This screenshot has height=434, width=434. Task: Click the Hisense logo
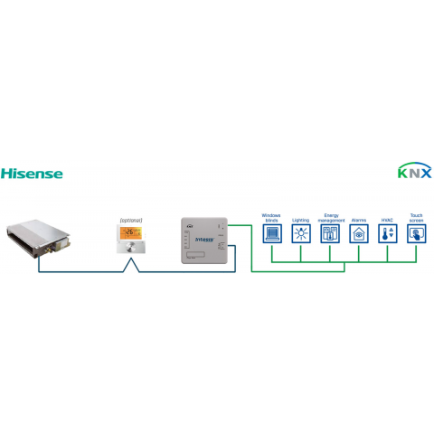point(32,172)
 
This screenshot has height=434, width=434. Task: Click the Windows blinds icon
point(271,234)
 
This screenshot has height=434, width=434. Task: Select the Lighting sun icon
point(301,234)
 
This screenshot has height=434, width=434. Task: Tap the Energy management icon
point(331,234)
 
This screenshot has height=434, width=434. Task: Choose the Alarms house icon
point(359,234)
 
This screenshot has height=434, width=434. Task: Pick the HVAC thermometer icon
point(388,234)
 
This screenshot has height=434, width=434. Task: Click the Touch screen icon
point(417,234)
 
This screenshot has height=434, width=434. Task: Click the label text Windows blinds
point(271,218)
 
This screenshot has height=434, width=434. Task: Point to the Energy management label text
point(331,218)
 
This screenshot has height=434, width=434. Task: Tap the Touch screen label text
point(417,218)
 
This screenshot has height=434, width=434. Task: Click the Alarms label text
point(359,220)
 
